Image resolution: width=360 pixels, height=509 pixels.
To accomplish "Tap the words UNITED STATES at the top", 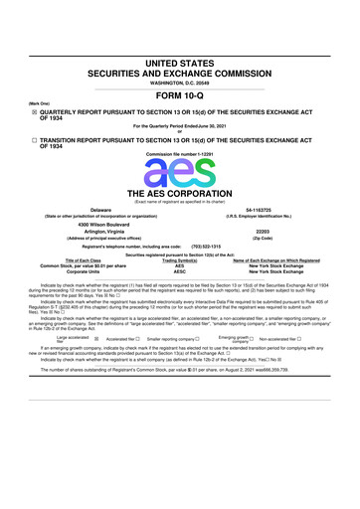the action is pos(180,62).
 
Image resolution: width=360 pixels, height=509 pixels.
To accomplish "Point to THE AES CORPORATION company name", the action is pos(180,193).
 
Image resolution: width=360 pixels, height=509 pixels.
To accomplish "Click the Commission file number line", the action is pos(180,156).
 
